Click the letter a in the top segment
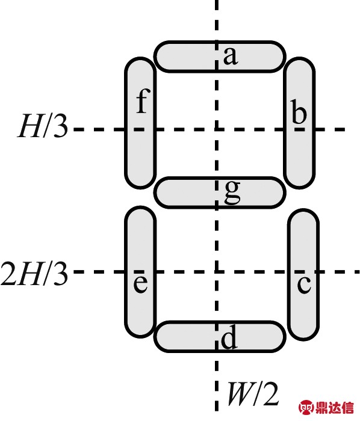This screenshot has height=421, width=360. pos(231,56)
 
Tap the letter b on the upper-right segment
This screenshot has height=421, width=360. pos(299,111)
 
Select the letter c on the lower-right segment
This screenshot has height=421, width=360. pos(304,284)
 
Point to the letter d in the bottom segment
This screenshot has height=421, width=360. pos(229,336)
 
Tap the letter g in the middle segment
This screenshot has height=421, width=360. pos(232,192)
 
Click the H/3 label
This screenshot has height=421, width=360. pos(43,126)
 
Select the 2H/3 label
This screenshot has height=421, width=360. pos(34,274)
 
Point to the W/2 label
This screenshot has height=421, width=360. pos(253,393)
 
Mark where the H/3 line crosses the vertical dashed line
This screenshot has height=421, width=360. pos(216,129)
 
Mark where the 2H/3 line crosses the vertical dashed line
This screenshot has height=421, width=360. pos(216,272)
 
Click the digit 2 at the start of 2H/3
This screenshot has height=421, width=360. pos(8,274)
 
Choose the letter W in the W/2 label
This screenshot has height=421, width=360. pos(240,393)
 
